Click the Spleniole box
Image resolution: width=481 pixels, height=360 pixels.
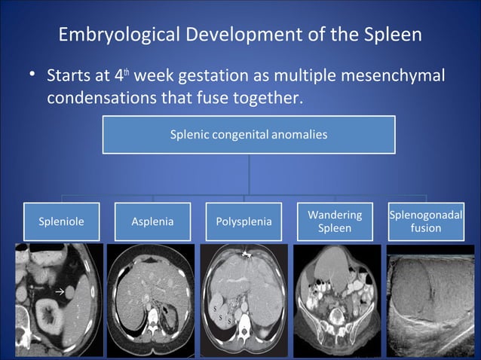pos(61,221)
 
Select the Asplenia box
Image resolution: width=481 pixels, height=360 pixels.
pos(152,221)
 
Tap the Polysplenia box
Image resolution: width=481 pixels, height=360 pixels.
pos(244,221)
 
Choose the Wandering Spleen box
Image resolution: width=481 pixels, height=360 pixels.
pos(335,221)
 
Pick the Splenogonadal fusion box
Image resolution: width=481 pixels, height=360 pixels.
pos(426,221)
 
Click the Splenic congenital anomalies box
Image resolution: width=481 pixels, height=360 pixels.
pos(249,135)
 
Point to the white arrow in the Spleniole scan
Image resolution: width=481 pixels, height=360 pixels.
pos(59,289)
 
